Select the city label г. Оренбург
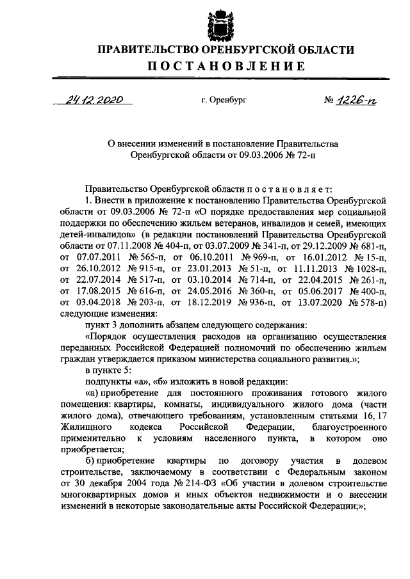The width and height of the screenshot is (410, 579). tap(224, 100)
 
